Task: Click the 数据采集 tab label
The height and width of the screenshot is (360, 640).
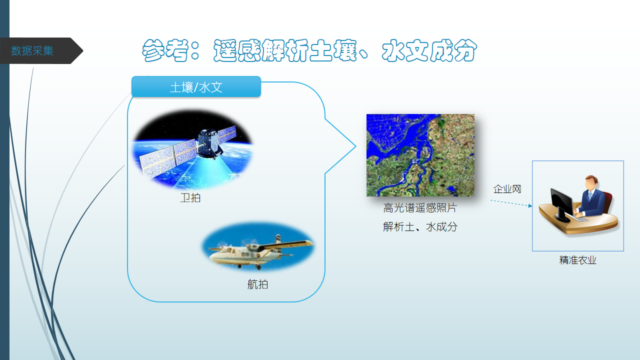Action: click(x=32, y=51)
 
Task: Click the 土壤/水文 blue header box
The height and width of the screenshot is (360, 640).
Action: click(x=196, y=86)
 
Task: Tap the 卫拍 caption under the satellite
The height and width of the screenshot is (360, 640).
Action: click(x=190, y=197)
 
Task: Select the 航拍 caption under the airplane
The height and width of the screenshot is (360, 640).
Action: click(x=257, y=284)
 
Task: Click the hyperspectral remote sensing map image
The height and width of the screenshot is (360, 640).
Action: click(x=420, y=155)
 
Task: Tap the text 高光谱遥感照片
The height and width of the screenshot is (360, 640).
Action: click(x=420, y=207)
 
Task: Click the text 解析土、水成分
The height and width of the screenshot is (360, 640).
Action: click(x=420, y=227)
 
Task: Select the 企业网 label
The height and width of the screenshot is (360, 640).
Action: click(x=507, y=189)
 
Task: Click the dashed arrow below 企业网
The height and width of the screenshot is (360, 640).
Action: click(x=511, y=203)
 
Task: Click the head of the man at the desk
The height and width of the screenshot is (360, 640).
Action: click(x=591, y=182)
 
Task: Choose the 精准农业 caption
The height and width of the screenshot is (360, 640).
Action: click(x=577, y=260)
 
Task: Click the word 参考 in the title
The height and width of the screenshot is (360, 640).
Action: click(x=165, y=50)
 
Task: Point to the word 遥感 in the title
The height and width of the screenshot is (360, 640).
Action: click(x=237, y=50)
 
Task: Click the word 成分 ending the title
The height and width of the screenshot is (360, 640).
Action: click(x=453, y=50)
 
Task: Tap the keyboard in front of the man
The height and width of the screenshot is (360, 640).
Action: click(x=579, y=218)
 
